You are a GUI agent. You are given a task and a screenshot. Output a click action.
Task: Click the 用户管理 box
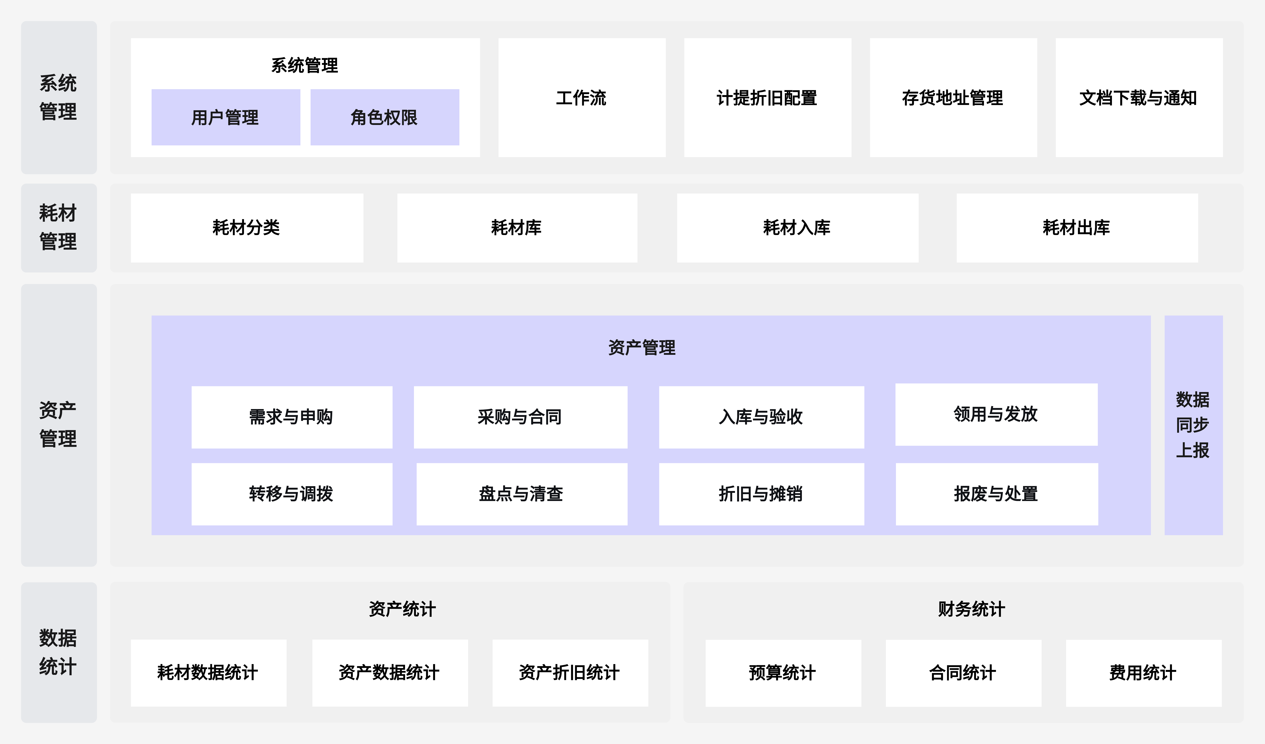225,117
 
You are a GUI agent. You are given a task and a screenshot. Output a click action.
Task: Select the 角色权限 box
385,117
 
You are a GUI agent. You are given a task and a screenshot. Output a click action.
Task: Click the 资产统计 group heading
402,609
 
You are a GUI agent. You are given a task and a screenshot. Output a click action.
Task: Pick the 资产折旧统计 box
570,673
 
